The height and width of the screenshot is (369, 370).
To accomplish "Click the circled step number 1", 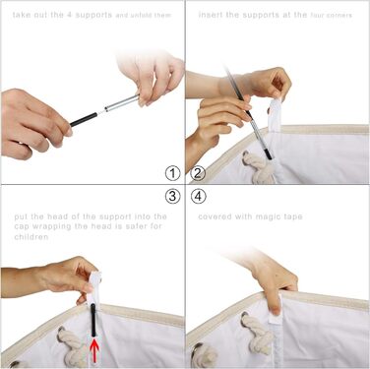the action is click(x=172, y=173).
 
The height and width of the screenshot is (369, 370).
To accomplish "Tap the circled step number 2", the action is click(x=198, y=173).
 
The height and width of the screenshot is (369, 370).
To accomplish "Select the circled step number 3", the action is click(x=172, y=196).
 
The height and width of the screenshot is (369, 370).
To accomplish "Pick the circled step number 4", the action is click(x=198, y=196).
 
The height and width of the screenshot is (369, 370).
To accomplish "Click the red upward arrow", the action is click(x=93, y=351).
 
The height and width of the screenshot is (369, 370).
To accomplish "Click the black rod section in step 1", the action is click(x=84, y=119).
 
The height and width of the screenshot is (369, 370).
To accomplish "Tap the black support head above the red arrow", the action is click(x=93, y=320).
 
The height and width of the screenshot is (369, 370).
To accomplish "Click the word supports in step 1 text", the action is click(x=93, y=15).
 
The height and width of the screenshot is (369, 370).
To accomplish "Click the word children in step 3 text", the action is click(x=31, y=237).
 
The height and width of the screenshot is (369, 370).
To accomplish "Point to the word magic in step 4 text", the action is click(x=266, y=217).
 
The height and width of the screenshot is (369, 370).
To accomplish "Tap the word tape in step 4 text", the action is click(x=292, y=217).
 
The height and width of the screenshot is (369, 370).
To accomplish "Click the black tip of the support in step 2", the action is click(x=268, y=154).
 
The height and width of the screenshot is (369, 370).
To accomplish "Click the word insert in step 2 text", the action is click(x=211, y=15).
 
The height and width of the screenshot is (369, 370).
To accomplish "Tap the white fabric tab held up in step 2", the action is click(x=275, y=115).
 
